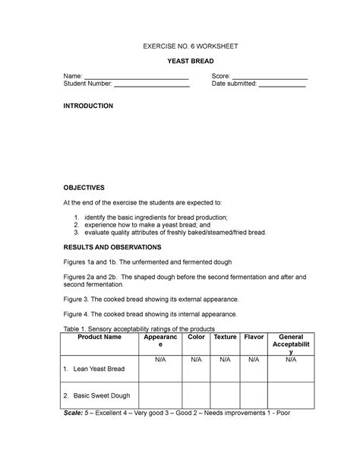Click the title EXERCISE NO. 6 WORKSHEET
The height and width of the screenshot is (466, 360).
[181, 47]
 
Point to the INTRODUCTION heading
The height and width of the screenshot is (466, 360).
[88, 106]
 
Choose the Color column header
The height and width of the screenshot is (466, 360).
[196, 337]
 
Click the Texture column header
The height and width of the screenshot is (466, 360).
[225, 337]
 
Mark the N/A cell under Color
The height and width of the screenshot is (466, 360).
[196, 360]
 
